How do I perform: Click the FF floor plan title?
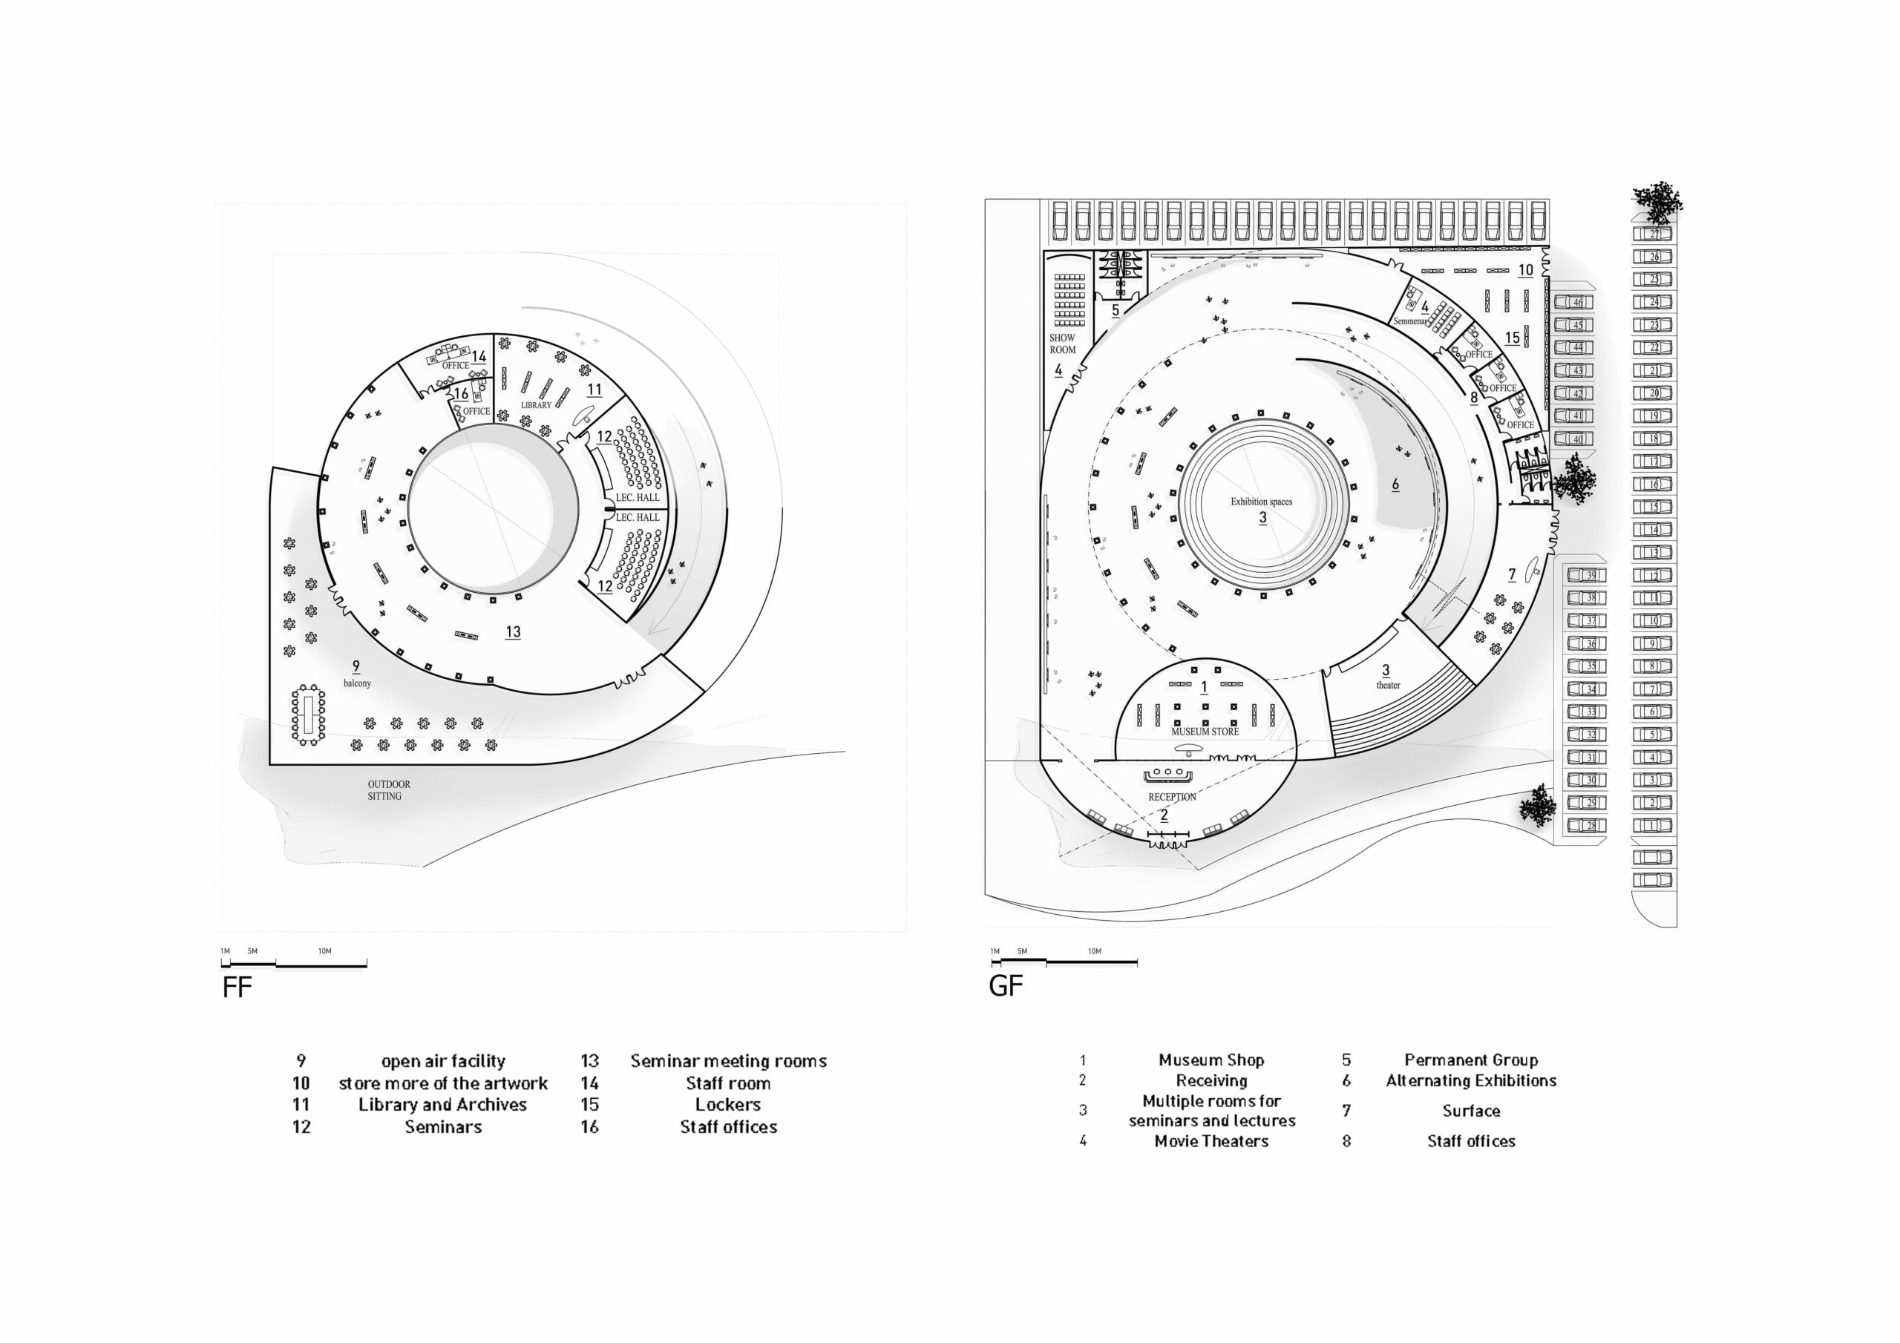[237, 987]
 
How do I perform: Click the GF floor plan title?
[1006, 985]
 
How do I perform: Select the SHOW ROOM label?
[1063, 344]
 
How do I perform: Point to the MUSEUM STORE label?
[1204, 732]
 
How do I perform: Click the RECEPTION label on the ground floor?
[1172, 797]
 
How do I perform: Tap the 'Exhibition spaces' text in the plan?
[1260, 502]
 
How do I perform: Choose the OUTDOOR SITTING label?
[387, 789]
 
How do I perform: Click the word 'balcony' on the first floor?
[358, 683]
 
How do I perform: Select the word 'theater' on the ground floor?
[1388, 685]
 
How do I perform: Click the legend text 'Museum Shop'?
[1211, 1060]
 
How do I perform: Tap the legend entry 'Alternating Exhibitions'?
[1470, 1080]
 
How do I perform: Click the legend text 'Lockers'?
[727, 1105]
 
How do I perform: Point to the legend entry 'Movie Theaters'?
[1211, 1141]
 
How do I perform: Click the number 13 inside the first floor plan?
[513, 631]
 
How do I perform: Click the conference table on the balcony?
[308, 714]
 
